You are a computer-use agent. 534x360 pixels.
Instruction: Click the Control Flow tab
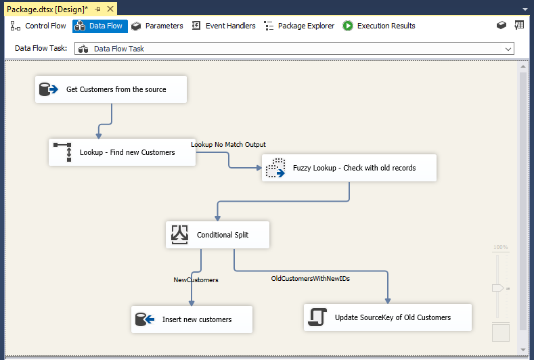tap(39, 26)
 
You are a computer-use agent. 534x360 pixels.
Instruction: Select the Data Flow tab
tap(100, 26)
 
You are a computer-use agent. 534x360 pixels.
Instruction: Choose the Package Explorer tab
tap(299, 26)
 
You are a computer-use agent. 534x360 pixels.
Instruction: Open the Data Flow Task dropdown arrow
tap(508, 49)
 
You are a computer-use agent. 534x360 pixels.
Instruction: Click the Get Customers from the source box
tap(110, 89)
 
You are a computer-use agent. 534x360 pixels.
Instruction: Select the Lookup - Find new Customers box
tap(122, 152)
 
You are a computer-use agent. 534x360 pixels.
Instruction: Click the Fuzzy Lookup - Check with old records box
tap(349, 168)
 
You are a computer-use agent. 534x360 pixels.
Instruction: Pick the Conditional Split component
tap(217, 235)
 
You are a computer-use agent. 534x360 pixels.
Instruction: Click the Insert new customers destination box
tap(192, 319)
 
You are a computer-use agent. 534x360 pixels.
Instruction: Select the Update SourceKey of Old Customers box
tap(387, 317)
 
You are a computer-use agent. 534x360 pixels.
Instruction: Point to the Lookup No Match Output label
tap(228, 145)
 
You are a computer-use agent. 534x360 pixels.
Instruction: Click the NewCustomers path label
tap(196, 279)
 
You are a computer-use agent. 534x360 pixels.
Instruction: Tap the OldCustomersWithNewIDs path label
tap(310, 278)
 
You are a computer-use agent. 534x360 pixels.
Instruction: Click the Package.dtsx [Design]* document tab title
tap(47, 9)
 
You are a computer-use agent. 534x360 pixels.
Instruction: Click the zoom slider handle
tap(497, 288)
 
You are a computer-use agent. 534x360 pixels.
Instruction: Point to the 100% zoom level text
tap(500, 248)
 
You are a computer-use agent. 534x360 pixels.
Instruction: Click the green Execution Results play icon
tap(348, 26)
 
